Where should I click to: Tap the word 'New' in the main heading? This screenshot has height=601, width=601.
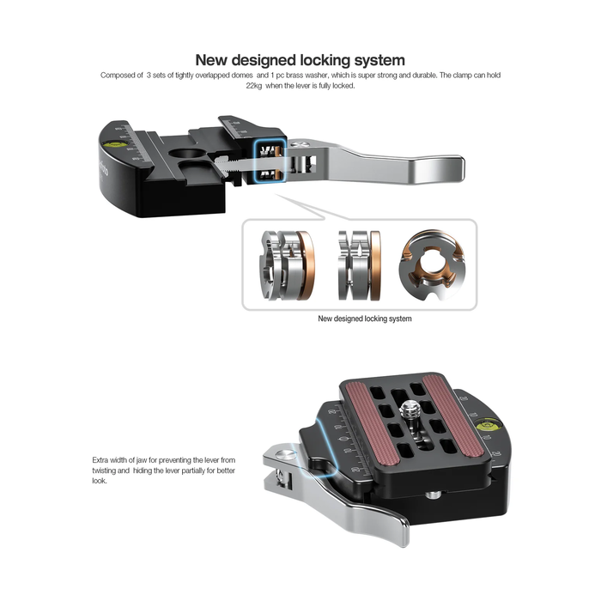[214, 60]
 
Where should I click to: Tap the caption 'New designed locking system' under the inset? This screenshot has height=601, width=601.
[364, 319]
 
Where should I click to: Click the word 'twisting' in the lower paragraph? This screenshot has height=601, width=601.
[110, 471]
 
